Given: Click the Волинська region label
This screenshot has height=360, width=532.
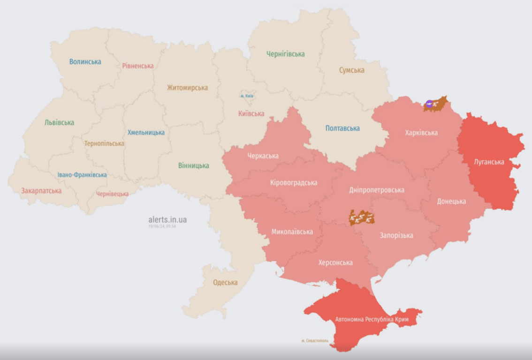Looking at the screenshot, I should coord(85,61).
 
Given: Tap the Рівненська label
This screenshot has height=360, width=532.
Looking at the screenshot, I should coord(138,66).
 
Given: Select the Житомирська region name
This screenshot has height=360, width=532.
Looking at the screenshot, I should coord(187,88).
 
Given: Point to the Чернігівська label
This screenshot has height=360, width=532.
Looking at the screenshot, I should coord(285,54).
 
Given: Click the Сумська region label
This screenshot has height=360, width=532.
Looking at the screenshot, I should coord(351,70).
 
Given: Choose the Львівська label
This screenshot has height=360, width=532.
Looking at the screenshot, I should coord(59,122).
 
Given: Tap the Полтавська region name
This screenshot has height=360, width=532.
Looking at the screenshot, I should coord(342,128).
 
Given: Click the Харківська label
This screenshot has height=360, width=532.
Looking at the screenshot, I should coord(421,133).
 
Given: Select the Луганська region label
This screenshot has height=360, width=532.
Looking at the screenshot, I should coord(489,162).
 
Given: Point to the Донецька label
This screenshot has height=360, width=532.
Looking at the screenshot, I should coord(451,201).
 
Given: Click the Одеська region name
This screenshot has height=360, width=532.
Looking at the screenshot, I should coord(225,282).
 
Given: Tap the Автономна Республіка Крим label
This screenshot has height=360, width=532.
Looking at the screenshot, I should coord(372,319).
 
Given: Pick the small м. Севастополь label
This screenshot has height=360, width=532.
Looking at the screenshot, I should coord(315,341).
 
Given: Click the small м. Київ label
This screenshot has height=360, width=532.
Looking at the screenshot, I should coord(247,96).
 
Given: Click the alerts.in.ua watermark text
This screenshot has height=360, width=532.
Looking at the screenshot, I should coord(167,219).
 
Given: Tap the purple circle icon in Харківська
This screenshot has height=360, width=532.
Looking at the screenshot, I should coord(429,104).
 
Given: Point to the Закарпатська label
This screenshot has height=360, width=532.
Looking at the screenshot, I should coord(41,191).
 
